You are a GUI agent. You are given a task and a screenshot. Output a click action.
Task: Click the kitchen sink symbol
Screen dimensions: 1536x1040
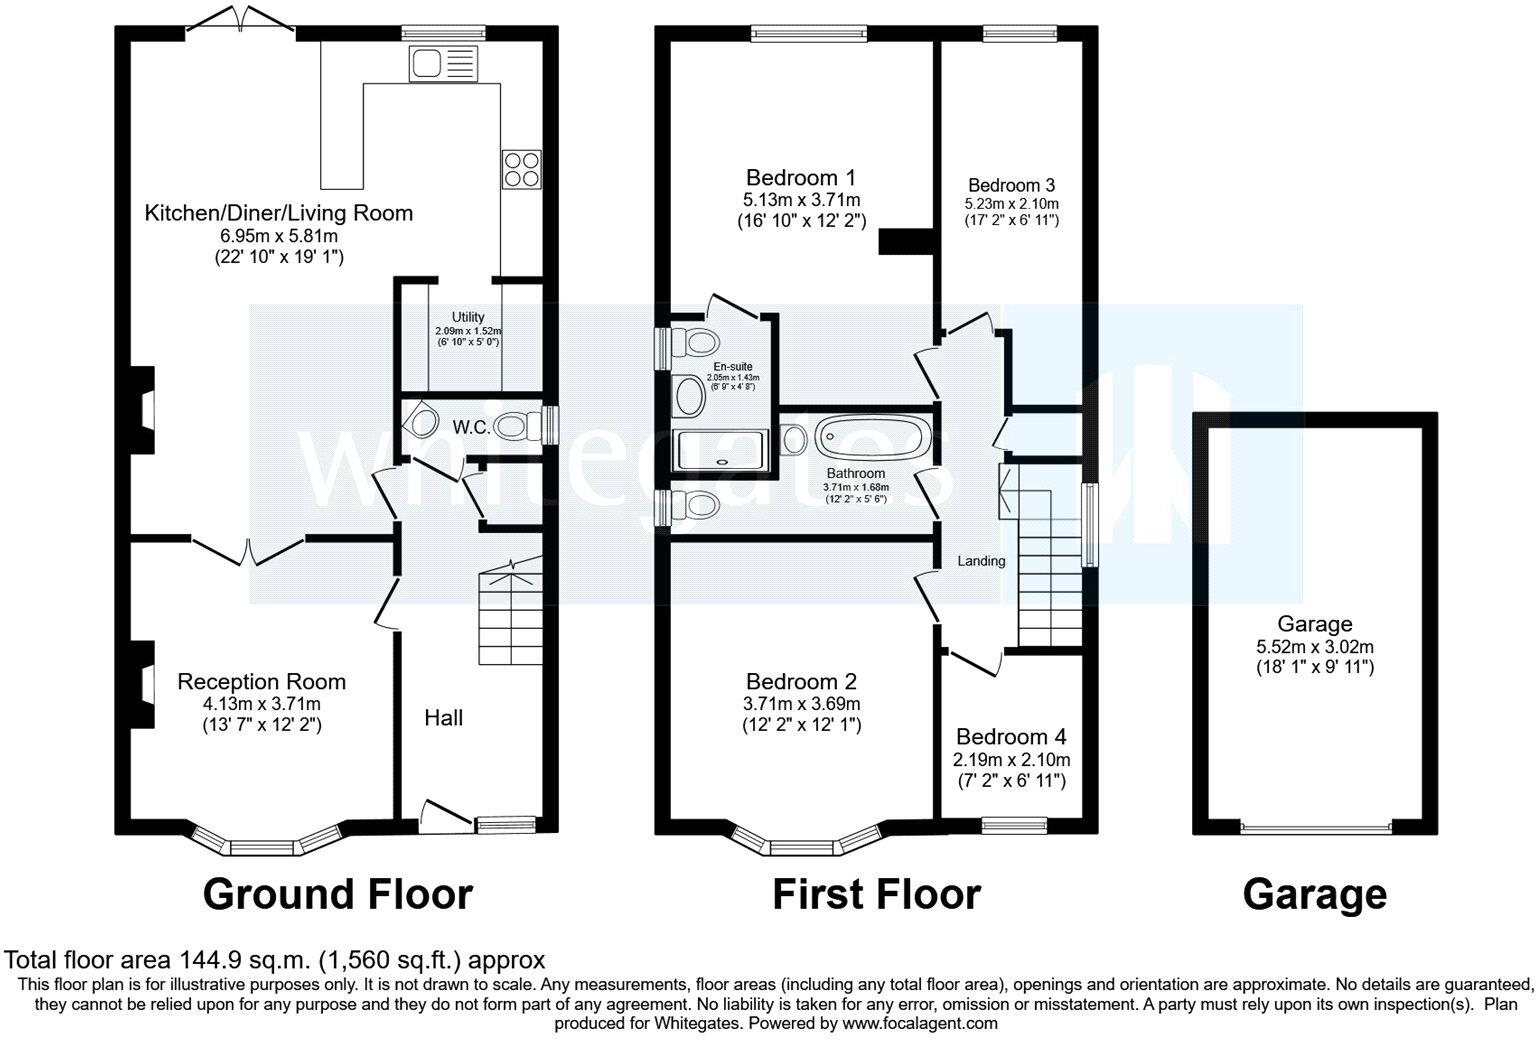444,64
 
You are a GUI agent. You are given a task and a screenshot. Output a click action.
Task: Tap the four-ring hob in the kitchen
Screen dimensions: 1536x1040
521,169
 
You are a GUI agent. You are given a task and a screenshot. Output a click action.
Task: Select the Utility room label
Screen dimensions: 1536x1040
468,317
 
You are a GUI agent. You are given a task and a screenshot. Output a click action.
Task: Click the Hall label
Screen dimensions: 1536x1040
444,718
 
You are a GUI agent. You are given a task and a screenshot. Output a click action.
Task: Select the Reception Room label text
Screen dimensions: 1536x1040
261,681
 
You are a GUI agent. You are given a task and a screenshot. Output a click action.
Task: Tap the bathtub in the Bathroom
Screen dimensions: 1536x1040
872,437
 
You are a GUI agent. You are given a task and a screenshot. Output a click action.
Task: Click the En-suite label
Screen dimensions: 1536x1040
732,367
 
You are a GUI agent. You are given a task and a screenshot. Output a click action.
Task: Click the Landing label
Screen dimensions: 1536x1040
981,561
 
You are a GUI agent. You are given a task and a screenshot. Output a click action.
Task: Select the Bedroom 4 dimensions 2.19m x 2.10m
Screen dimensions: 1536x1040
1011,760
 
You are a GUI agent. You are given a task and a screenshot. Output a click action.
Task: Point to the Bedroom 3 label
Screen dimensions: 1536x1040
1011,185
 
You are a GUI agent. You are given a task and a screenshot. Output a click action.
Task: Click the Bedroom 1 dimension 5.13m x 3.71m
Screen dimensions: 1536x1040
802,200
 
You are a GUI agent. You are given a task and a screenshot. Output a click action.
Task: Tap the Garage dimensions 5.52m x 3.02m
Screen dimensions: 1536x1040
1315,646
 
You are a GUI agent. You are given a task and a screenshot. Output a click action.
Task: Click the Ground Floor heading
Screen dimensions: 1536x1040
338,895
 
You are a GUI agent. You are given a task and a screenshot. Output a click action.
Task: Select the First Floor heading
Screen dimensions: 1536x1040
876,895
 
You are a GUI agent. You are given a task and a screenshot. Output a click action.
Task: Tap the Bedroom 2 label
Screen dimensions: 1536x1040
802,681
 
